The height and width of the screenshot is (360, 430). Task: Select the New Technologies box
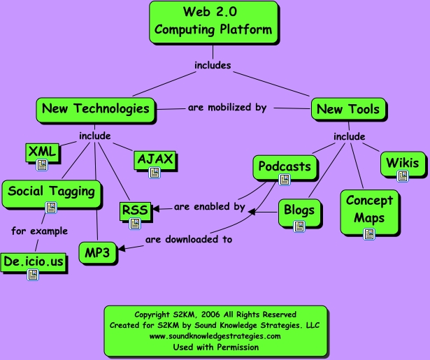pyautogui.click(x=95, y=108)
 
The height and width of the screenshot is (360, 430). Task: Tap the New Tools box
pyautogui.click(x=347, y=109)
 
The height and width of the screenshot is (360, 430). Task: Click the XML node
pyautogui.click(x=42, y=151)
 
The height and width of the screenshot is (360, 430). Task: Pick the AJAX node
pyautogui.click(x=155, y=159)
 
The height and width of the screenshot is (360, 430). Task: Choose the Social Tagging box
pyautogui.click(x=50, y=190)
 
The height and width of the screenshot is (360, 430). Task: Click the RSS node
pyautogui.click(x=134, y=209)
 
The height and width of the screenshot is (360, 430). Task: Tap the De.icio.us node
pyautogui.click(x=33, y=262)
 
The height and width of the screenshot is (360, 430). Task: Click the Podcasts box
pyautogui.click(x=284, y=166)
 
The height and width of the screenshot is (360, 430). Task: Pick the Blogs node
pyautogui.click(x=300, y=210)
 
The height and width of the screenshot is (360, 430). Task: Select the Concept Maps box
pyautogui.click(x=369, y=209)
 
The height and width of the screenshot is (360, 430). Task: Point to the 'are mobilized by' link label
pyautogui.click(x=227, y=108)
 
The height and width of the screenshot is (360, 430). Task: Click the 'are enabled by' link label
pyautogui.click(x=209, y=207)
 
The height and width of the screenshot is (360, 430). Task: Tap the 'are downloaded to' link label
pyautogui.click(x=188, y=239)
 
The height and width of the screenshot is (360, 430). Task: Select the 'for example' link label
pyautogui.click(x=39, y=231)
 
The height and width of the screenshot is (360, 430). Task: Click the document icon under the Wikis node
pyautogui.click(x=403, y=177)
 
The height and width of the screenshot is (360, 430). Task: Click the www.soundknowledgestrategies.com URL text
pyautogui.click(x=215, y=336)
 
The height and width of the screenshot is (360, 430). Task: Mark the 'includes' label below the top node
pyautogui.click(x=213, y=66)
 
